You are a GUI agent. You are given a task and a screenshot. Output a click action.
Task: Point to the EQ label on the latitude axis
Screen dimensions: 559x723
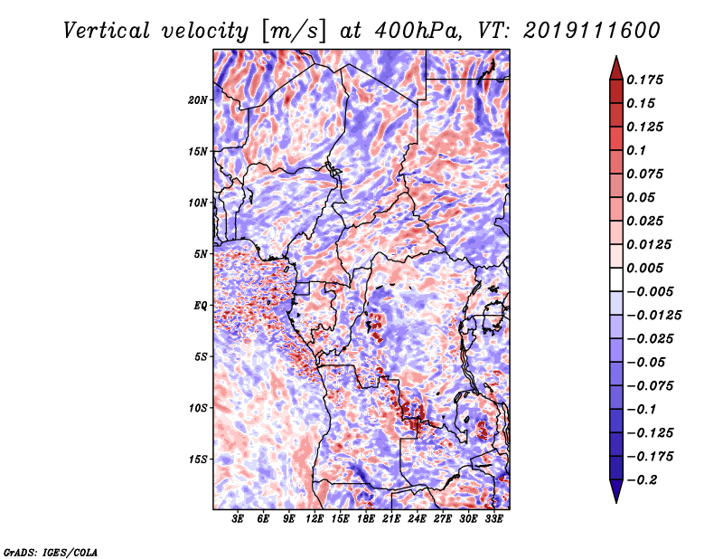point(201,306)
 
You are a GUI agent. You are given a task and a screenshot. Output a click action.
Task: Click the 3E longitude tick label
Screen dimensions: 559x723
point(238,519)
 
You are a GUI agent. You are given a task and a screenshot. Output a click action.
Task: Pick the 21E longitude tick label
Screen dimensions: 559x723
point(392,519)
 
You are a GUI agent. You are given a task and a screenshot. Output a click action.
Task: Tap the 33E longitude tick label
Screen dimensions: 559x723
point(494,519)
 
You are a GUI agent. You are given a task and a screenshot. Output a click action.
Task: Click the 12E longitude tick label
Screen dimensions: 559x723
point(315,519)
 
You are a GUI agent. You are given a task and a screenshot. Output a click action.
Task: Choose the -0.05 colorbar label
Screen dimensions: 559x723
point(646,362)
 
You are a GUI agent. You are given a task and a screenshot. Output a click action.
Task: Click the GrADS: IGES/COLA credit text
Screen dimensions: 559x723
point(51,551)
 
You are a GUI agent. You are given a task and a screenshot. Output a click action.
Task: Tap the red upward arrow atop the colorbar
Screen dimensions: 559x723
point(615,66)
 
